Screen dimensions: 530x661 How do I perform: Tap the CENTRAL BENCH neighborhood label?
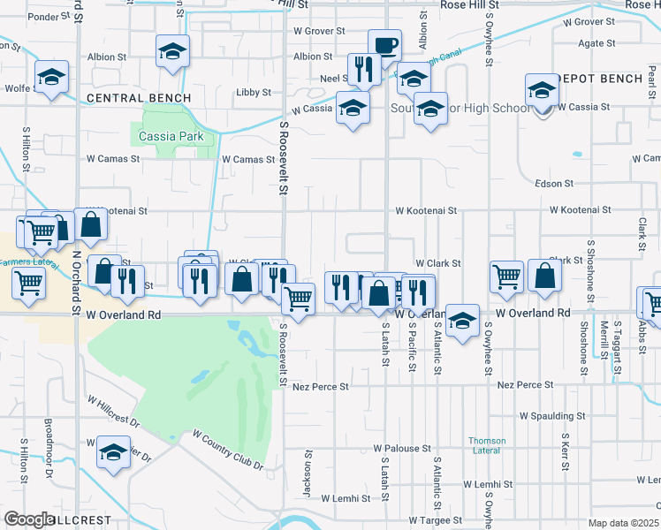pyautogui.click(x=139, y=97)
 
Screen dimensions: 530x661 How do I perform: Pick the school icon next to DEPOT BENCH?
pyautogui.click(x=542, y=90)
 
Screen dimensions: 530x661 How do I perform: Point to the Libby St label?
pyautogui.click(x=254, y=92)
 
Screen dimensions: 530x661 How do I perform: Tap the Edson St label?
pyautogui.click(x=555, y=184)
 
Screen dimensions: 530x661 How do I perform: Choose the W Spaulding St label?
pyautogui.click(x=552, y=415)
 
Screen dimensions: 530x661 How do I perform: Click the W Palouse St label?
pyautogui.click(x=401, y=449)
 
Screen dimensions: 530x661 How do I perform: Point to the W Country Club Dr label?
pyautogui.click(x=228, y=450)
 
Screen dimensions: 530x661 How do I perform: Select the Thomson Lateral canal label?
pyautogui.click(x=487, y=446)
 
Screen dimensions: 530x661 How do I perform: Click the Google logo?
pyautogui.click(x=29, y=519)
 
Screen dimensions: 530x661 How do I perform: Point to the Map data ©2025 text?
pyautogui.click(x=624, y=523)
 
